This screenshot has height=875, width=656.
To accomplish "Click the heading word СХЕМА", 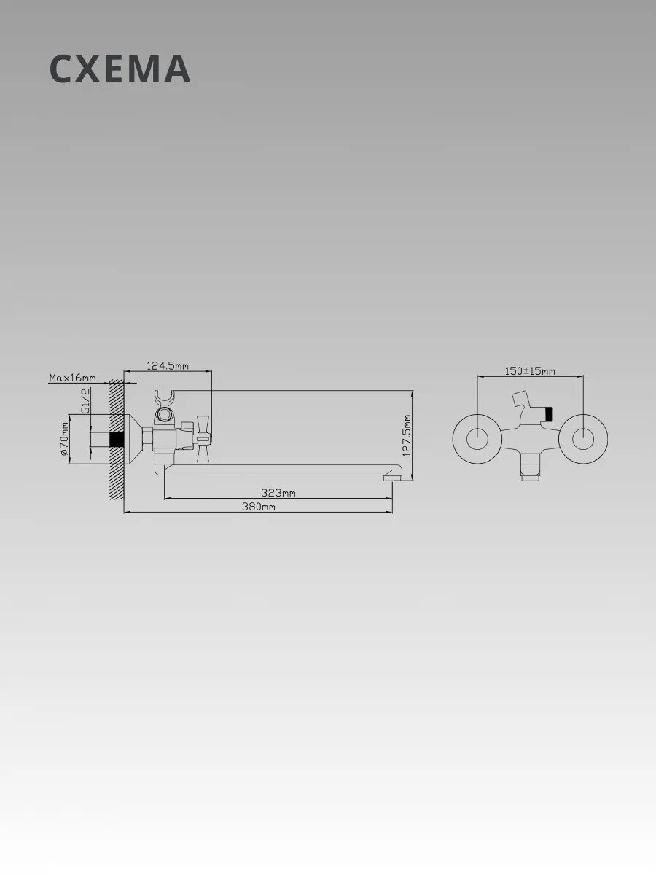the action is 120,69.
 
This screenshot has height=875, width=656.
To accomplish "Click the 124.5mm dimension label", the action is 168,365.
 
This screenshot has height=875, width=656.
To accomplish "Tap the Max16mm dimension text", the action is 72,377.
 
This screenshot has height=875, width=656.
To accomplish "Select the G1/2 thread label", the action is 85,401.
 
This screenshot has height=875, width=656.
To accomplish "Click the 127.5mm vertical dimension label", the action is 407,435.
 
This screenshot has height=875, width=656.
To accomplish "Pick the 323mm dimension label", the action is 278,493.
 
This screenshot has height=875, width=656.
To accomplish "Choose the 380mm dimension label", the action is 259,507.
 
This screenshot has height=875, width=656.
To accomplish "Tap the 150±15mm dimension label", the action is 530,370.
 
